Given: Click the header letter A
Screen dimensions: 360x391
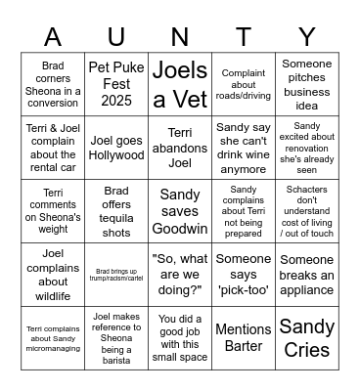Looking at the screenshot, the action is [x=52, y=37].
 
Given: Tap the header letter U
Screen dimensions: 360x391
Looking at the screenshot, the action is [x=116, y=37].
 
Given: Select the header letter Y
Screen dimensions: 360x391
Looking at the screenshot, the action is [x=307, y=37].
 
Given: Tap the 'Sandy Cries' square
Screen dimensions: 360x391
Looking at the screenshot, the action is [x=307, y=338].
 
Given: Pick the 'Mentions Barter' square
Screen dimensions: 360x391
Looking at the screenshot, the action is [x=244, y=338].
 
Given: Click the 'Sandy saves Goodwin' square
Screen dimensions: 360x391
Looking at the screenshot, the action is [x=180, y=211].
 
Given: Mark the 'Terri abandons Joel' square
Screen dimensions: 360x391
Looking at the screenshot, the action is [x=180, y=148].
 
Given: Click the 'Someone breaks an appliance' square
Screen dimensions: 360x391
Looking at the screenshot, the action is [x=307, y=275].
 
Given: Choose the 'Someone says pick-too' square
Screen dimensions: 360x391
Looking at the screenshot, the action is [x=244, y=275].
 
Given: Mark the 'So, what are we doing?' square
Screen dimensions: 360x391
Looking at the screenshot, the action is [x=180, y=275].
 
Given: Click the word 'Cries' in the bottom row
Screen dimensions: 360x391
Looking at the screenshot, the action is [x=307, y=351].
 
